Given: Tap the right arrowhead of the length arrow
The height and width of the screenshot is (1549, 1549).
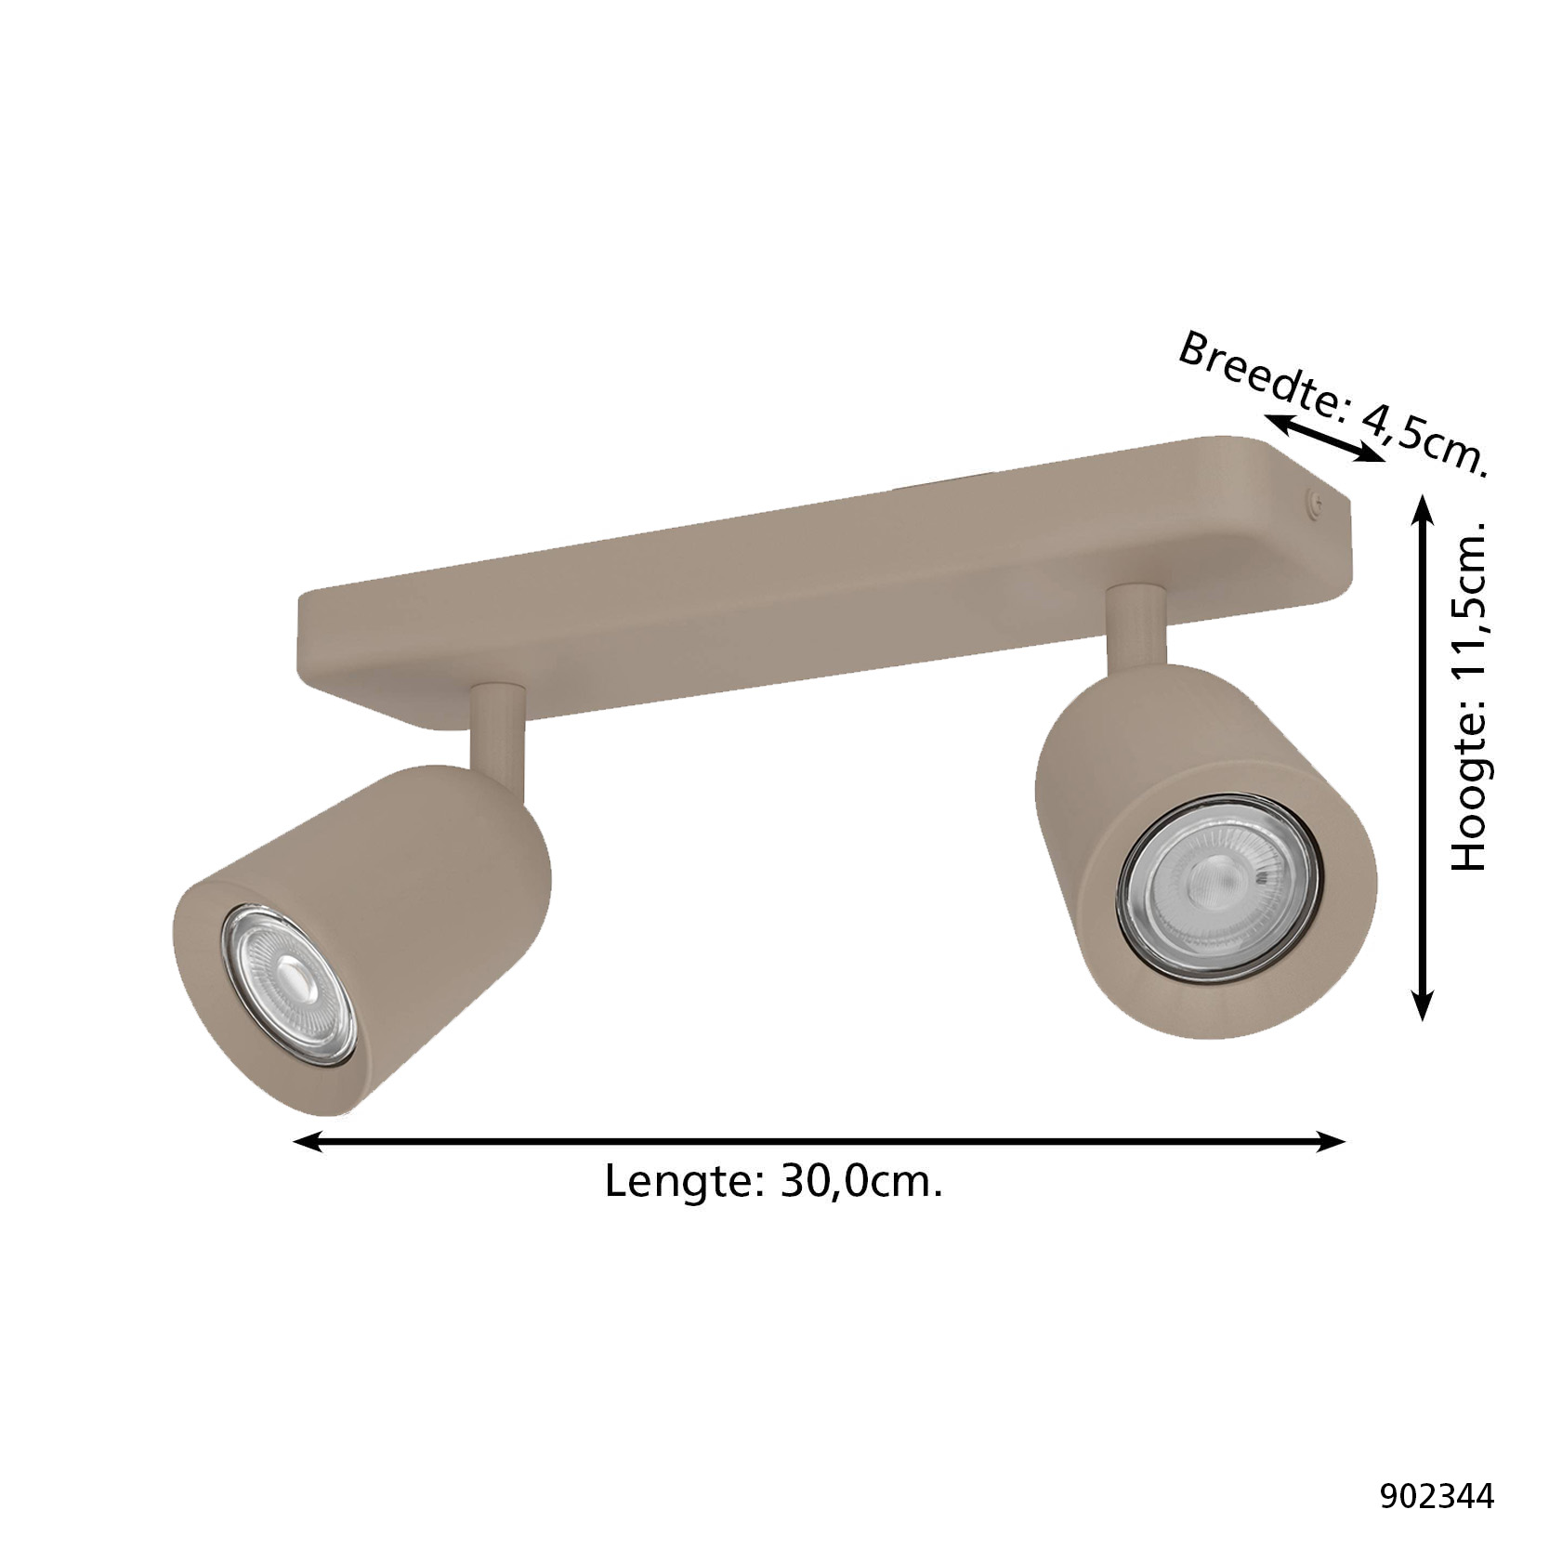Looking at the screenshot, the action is tap(1331, 1141).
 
